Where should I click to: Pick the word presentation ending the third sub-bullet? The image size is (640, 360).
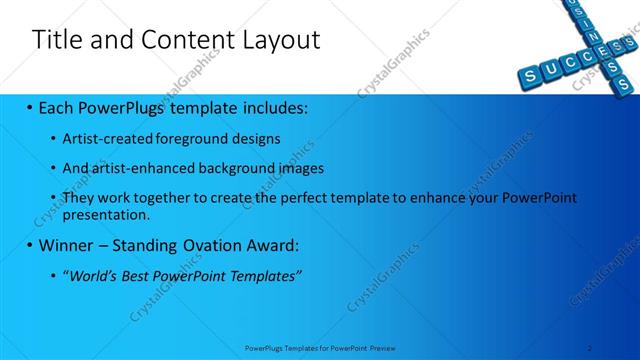pyautogui.click(x=105, y=214)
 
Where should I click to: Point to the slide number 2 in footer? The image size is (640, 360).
pyautogui.click(x=590, y=348)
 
